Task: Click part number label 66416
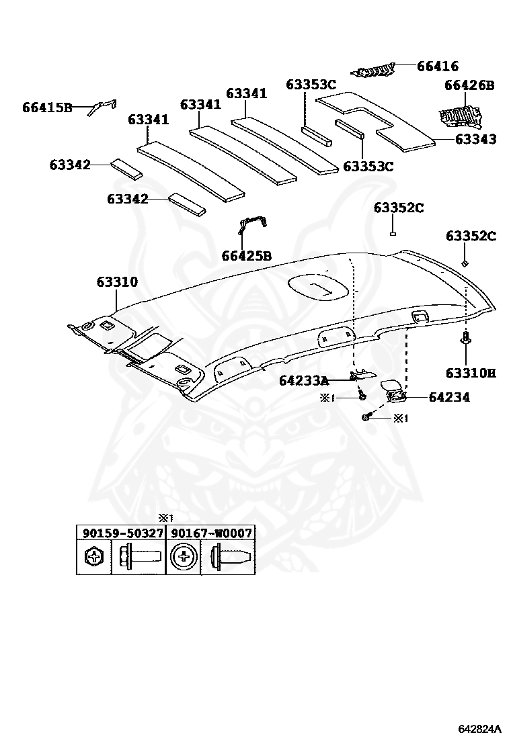click(x=437, y=66)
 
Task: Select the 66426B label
click(x=469, y=85)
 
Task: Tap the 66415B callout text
click(x=46, y=107)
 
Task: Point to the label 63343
click(x=475, y=139)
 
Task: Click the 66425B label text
click(x=246, y=256)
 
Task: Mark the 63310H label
click(x=470, y=372)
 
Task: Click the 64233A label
click(x=304, y=381)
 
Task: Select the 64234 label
click(x=448, y=397)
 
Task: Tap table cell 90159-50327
click(x=122, y=533)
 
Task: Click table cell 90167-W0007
click(x=211, y=533)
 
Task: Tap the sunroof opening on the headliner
click(x=318, y=288)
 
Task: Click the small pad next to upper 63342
click(x=126, y=168)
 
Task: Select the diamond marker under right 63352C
click(x=465, y=264)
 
